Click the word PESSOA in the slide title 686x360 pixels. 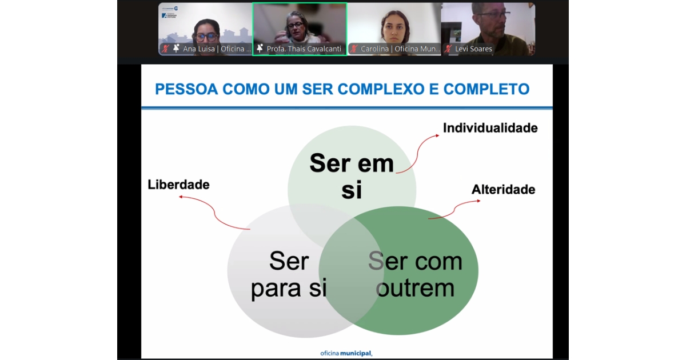click(x=186, y=89)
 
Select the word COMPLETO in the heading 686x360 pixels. click(x=486, y=89)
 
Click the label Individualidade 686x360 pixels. click(x=490, y=128)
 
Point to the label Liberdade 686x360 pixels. click(x=178, y=185)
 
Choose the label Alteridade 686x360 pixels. click(x=504, y=190)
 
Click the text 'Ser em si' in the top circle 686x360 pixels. click(x=352, y=177)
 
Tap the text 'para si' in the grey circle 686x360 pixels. click(x=289, y=288)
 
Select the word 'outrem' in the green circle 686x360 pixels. click(x=415, y=288)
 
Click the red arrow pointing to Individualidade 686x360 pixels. click(x=417, y=153)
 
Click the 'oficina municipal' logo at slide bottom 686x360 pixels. click(x=346, y=353)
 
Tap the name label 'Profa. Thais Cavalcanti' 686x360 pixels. click(x=304, y=49)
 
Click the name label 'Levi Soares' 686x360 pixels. click(x=473, y=49)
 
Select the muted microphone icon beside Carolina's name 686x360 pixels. click(x=354, y=49)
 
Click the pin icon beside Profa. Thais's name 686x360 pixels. click(x=260, y=49)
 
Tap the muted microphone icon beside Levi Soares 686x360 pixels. click(x=449, y=49)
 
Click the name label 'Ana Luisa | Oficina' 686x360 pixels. click(x=217, y=49)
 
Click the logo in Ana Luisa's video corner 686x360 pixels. click(x=170, y=12)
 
